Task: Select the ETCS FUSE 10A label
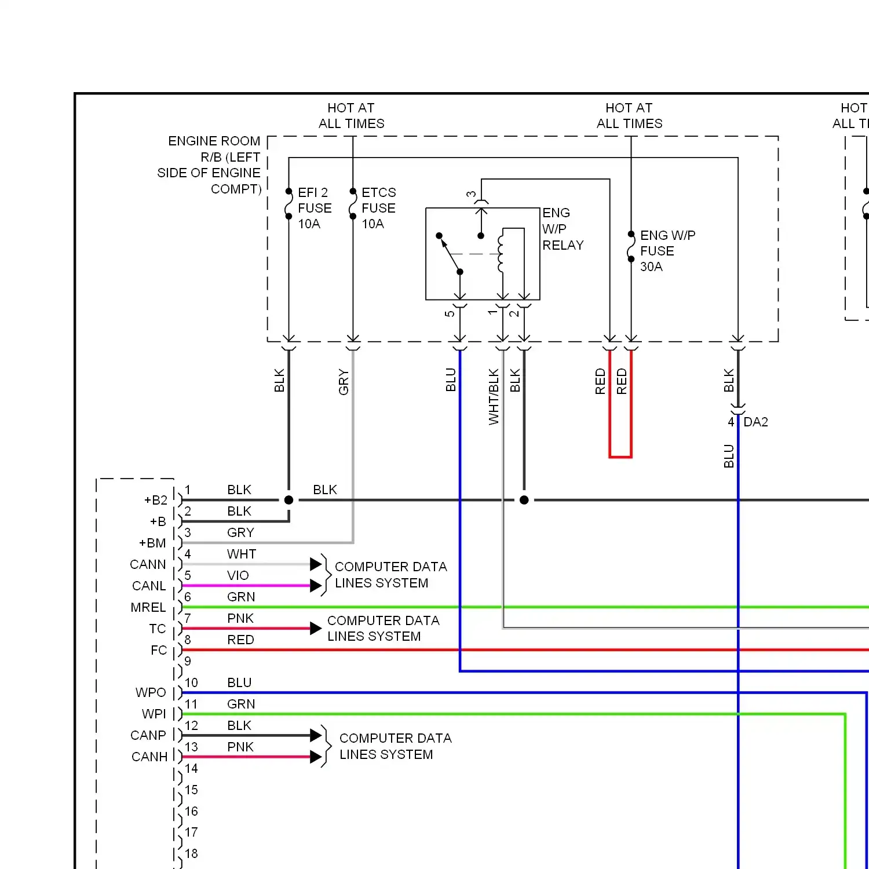point(379,208)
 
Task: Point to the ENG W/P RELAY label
point(563,229)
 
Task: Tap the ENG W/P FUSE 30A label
point(667,251)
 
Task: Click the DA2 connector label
point(755,422)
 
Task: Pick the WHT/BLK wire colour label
point(494,397)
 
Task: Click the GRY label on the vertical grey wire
point(344,382)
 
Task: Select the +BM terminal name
point(152,543)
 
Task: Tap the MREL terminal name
point(148,607)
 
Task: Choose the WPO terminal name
point(151,692)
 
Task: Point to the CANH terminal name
point(149,757)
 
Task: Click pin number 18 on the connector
point(191,853)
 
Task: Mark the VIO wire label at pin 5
point(238,575)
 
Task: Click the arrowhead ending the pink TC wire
point(316,629)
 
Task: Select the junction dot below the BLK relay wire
point(524,500)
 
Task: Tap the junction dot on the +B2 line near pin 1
point(289,500)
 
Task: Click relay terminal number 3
point(472,195)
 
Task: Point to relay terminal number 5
point(450,313)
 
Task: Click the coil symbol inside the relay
point(501,253)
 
